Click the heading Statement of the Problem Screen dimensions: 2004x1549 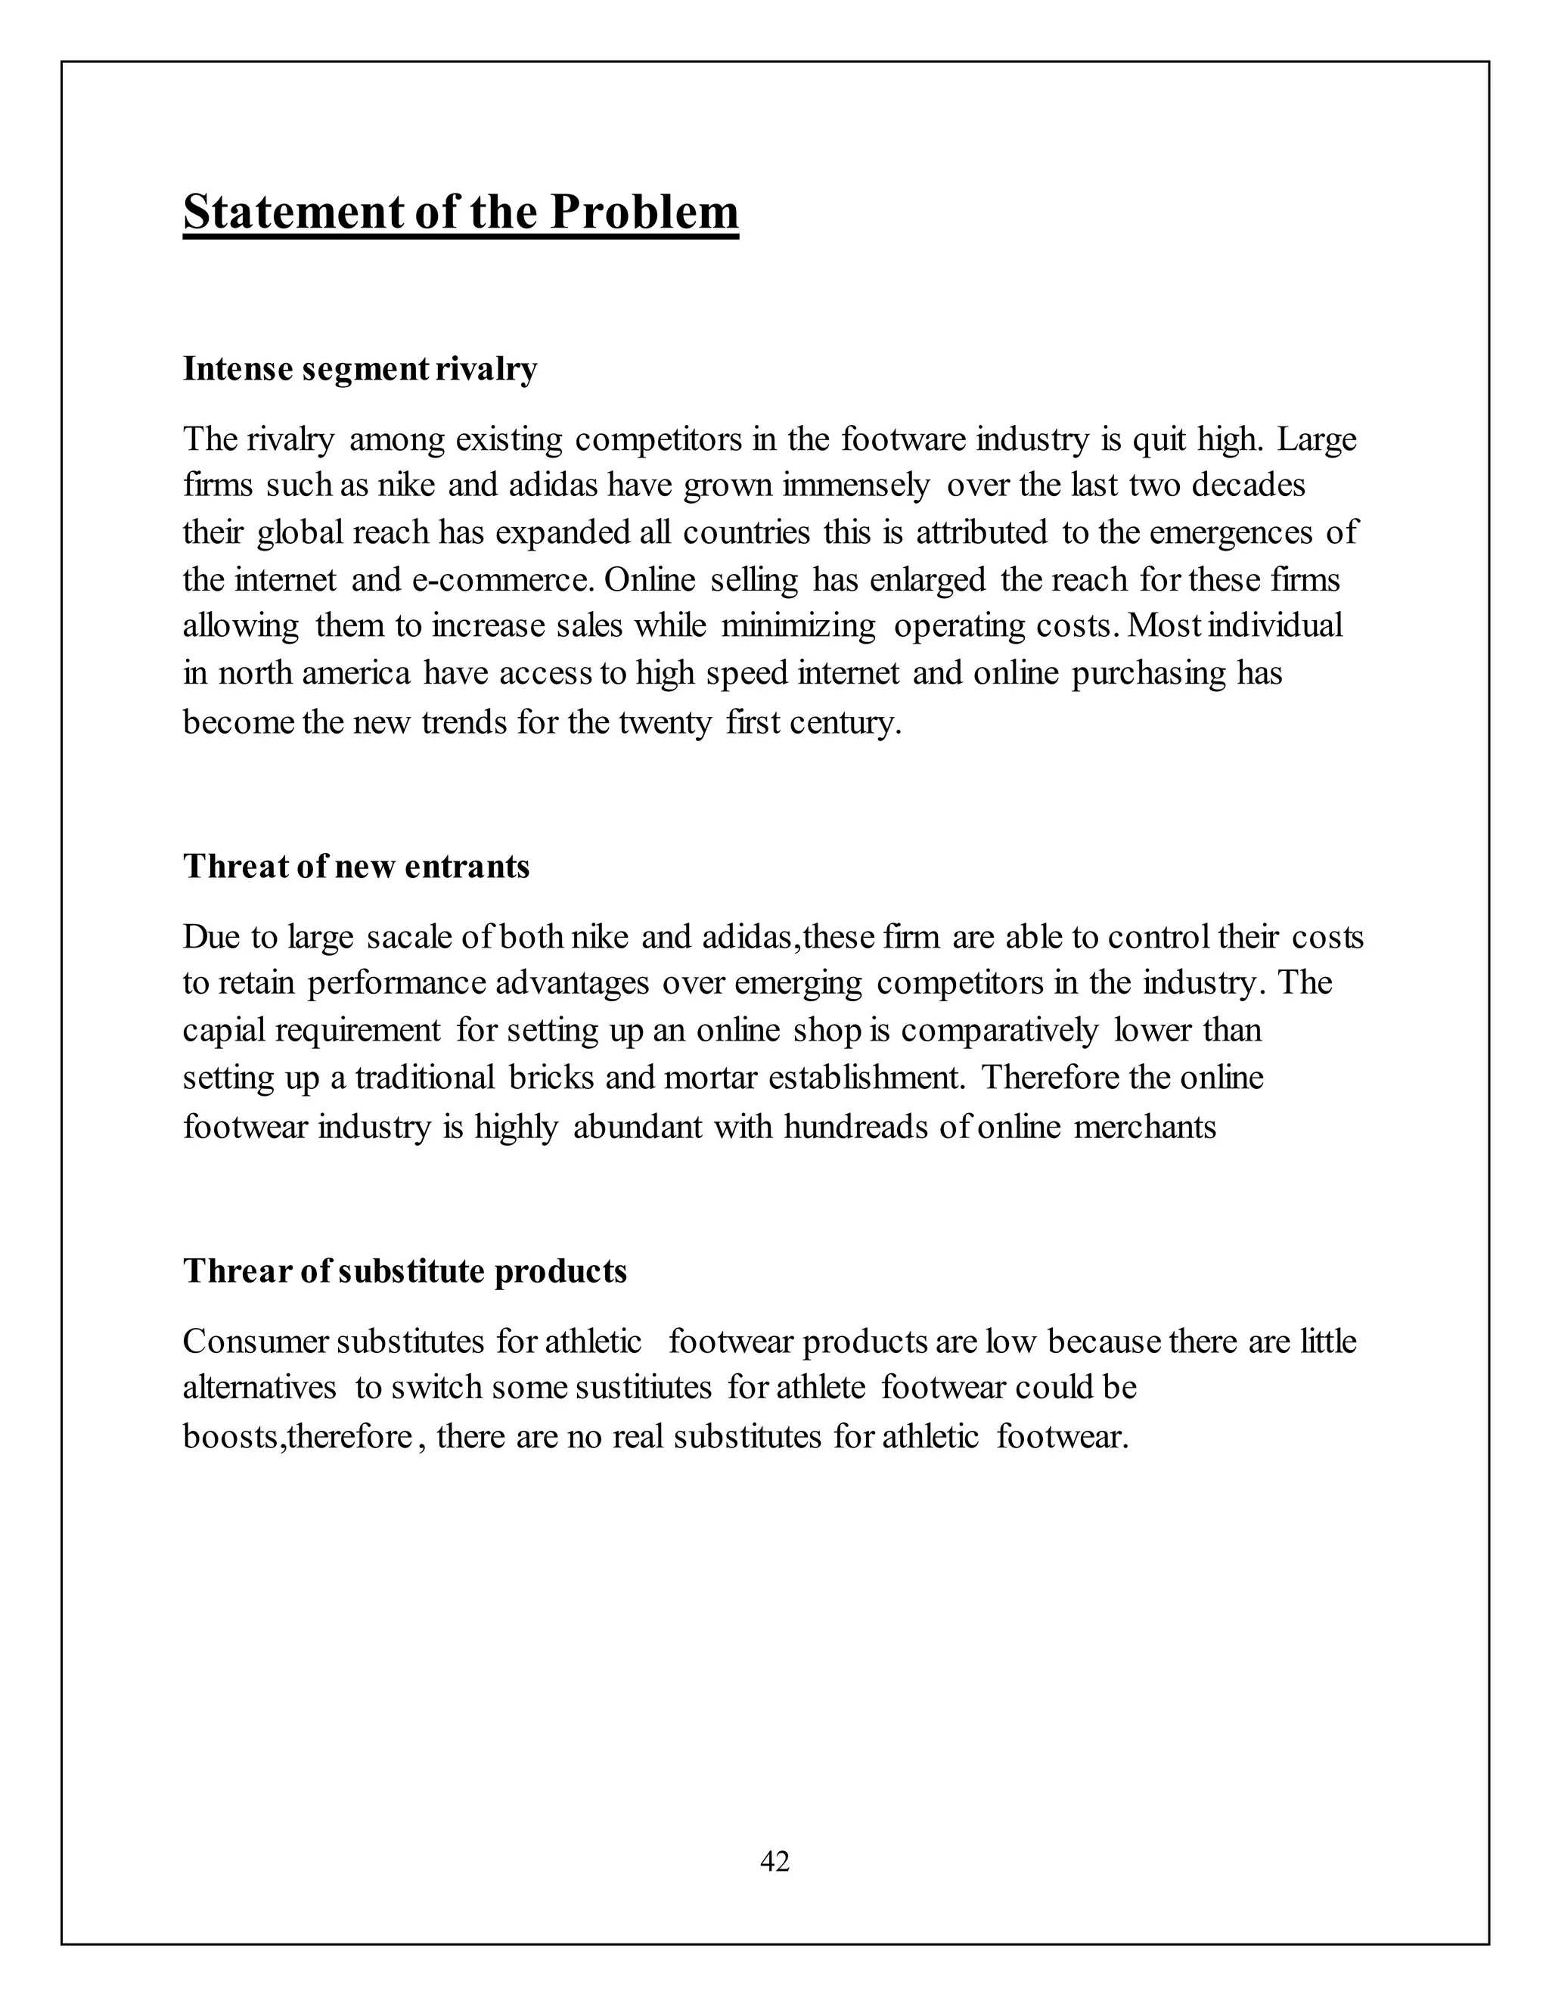pyautogui.click(x=460, y=213)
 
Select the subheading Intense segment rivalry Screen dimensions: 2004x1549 pyautogui.click(x=360, y=369)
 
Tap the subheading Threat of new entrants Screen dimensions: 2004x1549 pyautogui.click(x=356, y=866)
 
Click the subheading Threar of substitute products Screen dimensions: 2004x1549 pyautogui.click(x=405, y=1271)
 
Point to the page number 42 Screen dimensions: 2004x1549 pyautogui.click(x=774, y=1860)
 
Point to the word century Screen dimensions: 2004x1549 pyautogui.click(x=852, y=723)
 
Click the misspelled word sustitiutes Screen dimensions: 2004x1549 pyautogui.click(x=642, y=1386)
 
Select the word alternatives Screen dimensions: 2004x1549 pyautogui.click(x=259, y=1386)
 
